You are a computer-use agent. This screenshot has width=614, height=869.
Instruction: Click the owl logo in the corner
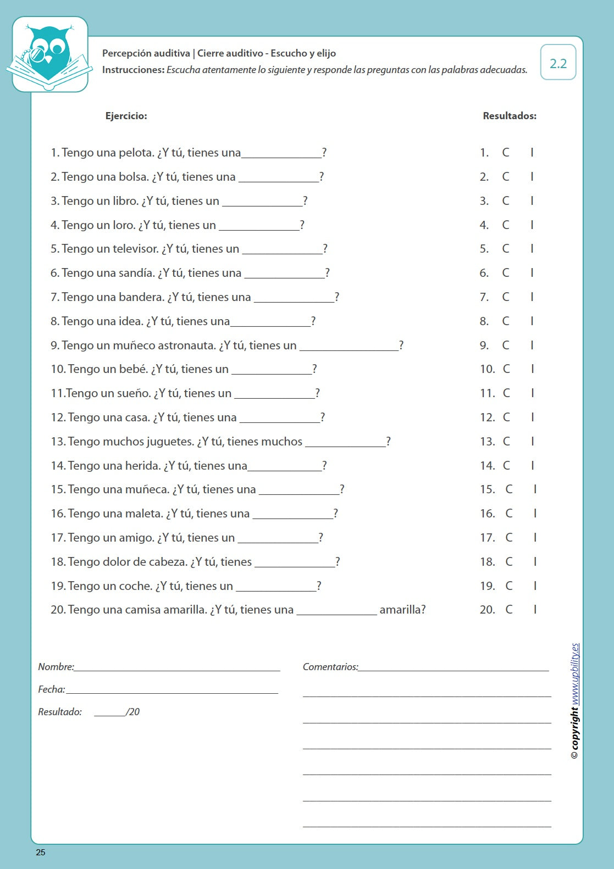coord(49,54)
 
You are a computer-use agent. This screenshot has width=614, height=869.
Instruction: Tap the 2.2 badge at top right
coord(558,63)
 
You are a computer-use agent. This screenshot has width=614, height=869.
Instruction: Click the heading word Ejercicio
coord(126,116)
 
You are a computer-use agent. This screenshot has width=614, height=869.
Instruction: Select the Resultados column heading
coord(509,116)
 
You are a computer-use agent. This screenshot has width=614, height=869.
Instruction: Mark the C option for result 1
coord(506,153)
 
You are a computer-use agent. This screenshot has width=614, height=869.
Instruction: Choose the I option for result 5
coord(532,249)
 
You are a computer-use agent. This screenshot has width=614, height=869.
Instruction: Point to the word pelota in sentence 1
coord(136,153)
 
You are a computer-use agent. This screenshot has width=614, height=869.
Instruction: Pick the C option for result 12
coord(506,417)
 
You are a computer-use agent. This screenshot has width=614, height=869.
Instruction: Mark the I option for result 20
coord(535,610)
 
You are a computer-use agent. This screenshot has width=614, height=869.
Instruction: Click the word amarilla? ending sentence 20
coord(402,610)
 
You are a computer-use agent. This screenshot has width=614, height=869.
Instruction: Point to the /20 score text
coord(132,712)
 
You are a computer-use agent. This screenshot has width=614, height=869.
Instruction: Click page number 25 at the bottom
coord(41,853)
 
